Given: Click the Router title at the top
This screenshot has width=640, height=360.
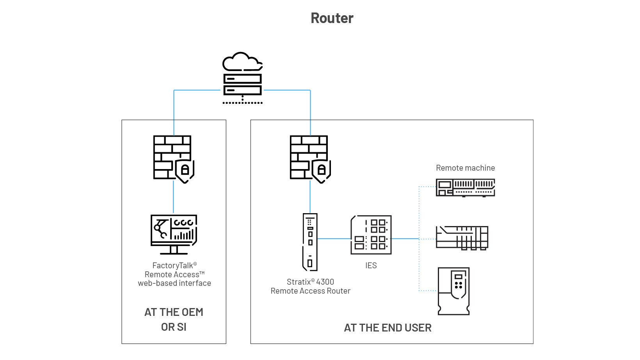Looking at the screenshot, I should click(x=332, y=18).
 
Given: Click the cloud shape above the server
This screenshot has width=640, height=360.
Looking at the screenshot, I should click(x=242, y=62).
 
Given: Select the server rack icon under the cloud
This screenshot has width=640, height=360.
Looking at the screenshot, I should click(x=242, y=84).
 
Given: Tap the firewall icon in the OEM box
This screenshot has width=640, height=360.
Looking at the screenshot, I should click(x=172, y=157).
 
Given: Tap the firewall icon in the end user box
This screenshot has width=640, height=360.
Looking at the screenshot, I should click(x=308, y=157).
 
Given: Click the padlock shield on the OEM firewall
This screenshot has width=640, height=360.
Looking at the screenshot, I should click(x=185, y=170).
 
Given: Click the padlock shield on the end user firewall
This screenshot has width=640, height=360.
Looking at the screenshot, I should click(x=322, y=170).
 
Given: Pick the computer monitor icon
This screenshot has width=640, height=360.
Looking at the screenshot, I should click(x=174, y=234).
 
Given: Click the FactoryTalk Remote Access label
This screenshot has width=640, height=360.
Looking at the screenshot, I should click(x=174, y=274).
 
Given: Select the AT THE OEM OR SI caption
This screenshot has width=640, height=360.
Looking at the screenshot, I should click(x=174, y=319).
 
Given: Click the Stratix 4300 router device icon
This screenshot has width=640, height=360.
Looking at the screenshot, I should click(x=310, y=242).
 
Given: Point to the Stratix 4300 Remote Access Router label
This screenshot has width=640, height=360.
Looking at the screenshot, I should click(x=311, y=286).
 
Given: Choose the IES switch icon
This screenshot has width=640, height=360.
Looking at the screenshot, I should click(x=371, y=235).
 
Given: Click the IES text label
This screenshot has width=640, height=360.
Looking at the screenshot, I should click(x=371, y=266).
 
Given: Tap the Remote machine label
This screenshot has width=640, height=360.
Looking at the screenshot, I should click(x=465, y=168).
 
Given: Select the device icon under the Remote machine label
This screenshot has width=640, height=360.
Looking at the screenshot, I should click(x=465, y=187).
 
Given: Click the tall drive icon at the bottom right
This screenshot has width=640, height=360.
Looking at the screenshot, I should click(x=453, y=291).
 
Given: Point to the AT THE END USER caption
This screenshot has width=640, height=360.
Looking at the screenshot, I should click(x=388, y=328).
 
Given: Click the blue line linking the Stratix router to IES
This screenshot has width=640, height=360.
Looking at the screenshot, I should click(x=334, y=239).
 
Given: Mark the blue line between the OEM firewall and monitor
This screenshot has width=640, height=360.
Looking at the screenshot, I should click(x=173, y=197).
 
